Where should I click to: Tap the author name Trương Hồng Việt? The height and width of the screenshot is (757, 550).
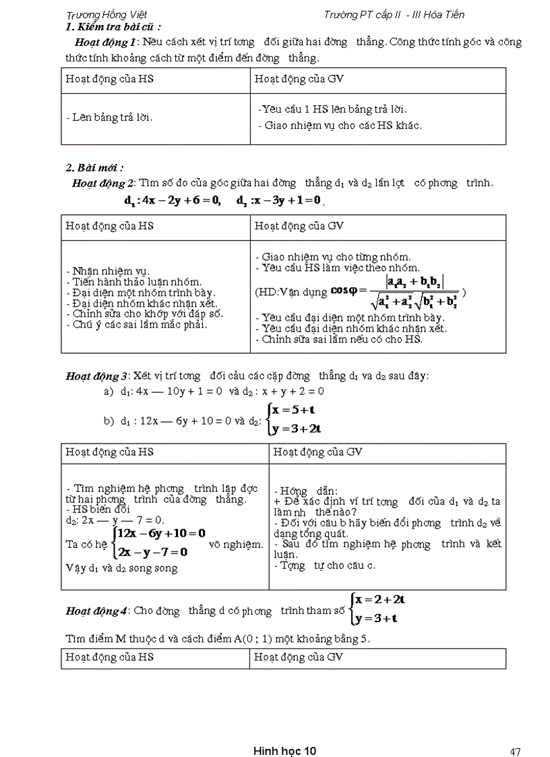tap(107, 15)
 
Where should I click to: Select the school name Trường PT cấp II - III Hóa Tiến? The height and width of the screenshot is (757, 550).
tap(394, 15)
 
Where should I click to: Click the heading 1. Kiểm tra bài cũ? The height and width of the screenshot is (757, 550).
tap(113, 28)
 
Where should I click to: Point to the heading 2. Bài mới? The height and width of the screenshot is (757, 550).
tap(94, 167)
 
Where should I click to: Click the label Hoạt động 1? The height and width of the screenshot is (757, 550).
tap(101, 42)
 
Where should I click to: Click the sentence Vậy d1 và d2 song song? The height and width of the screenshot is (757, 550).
tap(122, 568)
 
